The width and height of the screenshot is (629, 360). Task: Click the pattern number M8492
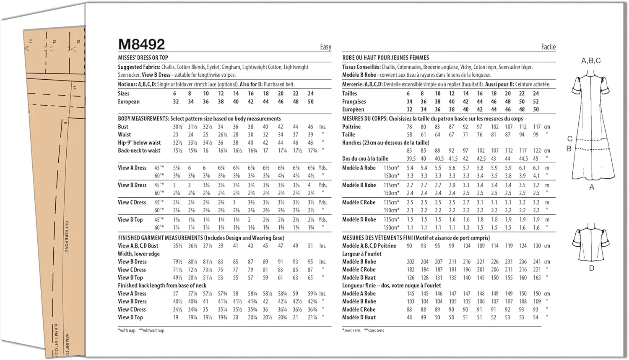[141, 44]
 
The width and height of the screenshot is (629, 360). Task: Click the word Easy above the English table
[325, 47]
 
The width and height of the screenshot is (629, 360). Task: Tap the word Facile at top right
[548, 47]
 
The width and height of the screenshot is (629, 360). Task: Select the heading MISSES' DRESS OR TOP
[143, 58]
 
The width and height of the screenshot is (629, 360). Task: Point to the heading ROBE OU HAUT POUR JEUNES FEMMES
[385, 58]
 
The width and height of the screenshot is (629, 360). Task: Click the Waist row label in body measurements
[125, 135]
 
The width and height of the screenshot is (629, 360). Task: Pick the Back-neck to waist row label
[139, 151]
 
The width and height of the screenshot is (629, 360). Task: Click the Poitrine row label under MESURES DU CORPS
[351, 127]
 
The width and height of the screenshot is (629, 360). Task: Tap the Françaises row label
[354, 102]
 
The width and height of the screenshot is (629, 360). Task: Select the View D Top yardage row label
[130, 220]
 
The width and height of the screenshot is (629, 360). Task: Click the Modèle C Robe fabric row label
[359, 202]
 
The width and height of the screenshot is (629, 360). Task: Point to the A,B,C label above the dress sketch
[591, 61]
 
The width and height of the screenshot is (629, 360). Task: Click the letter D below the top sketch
[592, 268]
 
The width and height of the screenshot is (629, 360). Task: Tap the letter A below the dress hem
[592, 187]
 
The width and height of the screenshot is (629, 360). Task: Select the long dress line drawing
[591, 126]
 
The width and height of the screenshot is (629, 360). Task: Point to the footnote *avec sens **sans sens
[363, 331]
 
